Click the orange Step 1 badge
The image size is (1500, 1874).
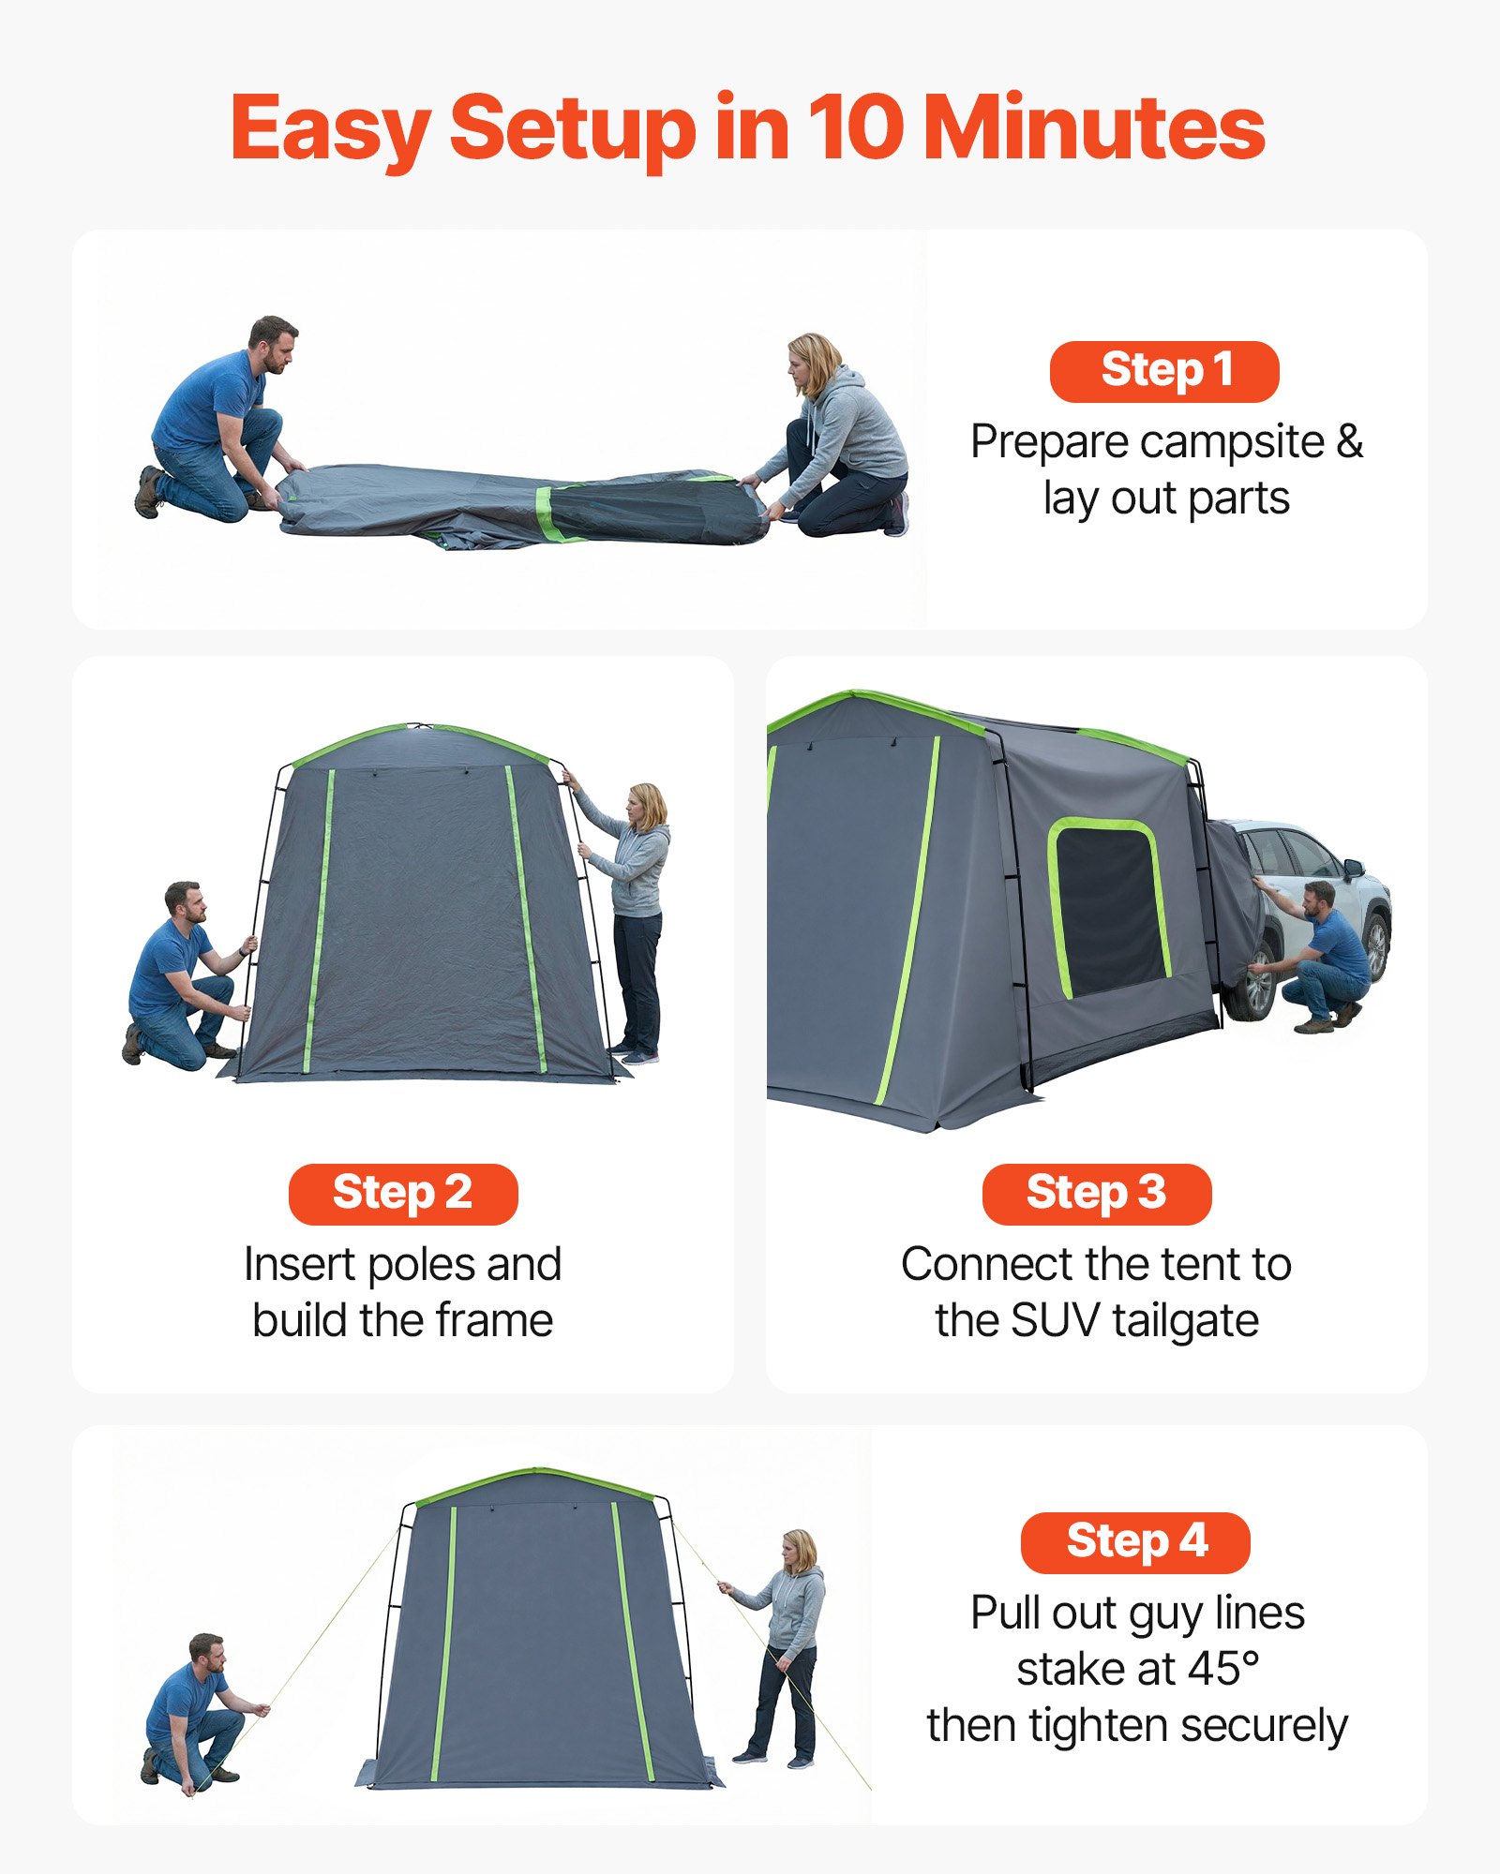click(x=1164, y=371)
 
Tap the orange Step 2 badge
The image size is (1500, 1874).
click(x=403, y=1194)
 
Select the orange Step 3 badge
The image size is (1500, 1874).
click(x=1096, y=1194)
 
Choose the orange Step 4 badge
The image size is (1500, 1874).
click(x=1135, y=1542)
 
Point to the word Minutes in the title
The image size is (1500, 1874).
click(x=1094, y=128)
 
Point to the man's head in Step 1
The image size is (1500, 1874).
click(x=273, y=342)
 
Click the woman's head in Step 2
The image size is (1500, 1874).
click(x=648, y=806)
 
